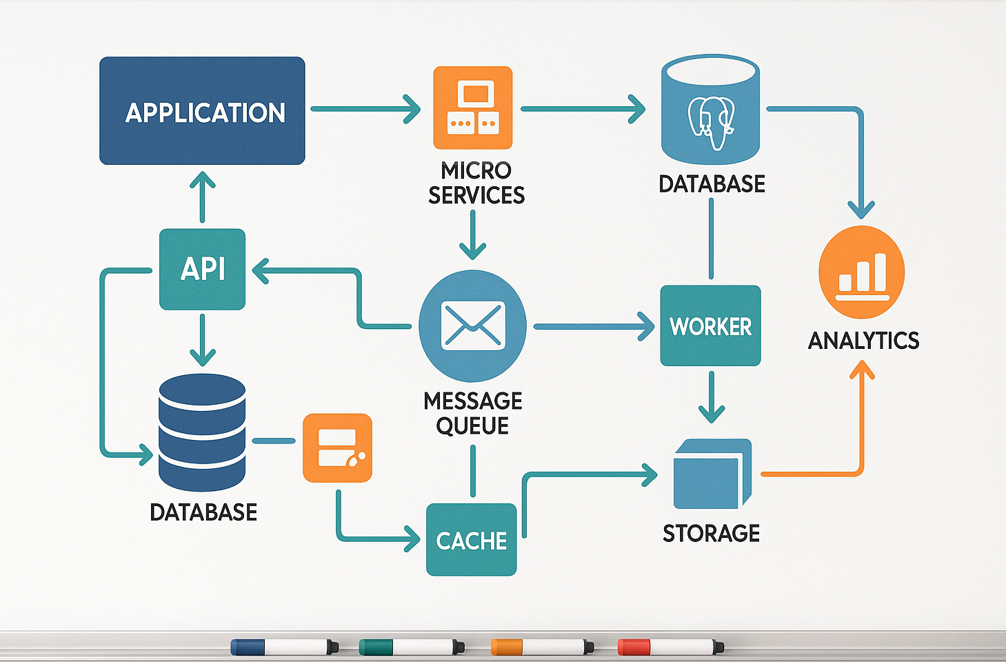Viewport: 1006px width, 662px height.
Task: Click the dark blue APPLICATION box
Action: pos(202,111)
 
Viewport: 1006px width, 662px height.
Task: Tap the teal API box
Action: pos(202,269)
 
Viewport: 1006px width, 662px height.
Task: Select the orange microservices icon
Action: pos(472,108)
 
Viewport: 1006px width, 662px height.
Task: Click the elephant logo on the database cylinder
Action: pos(712,121)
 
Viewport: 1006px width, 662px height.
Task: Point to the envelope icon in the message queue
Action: pos(472,325)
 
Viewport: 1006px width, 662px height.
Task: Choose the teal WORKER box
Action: pos(710,325)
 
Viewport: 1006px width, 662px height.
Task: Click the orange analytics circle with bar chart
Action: pos(861,272)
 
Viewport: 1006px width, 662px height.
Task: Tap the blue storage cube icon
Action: pos(711,474)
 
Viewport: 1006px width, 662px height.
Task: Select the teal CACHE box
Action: pos(472,540)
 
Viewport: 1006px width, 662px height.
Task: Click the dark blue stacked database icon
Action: pos(202,432)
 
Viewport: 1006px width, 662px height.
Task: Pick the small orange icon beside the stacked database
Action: pos(337,448)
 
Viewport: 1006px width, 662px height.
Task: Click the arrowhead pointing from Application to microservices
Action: pos(413,109)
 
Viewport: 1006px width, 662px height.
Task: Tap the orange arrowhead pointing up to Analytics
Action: pos(861,371)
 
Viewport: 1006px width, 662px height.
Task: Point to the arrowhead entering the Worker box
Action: pos(646,326)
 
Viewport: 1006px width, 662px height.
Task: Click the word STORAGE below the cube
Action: pos(711,533)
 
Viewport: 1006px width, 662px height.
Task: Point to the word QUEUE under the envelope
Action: pos(472,425)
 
